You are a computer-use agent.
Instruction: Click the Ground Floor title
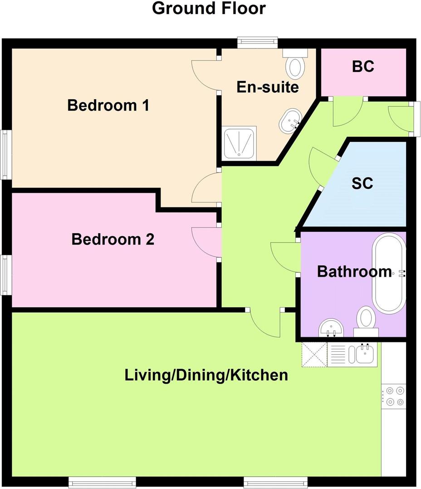pos(209,9)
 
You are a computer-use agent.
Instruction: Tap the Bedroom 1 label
pos(108,105)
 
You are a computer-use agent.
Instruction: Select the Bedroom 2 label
pos(113,239)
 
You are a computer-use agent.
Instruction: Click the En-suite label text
pos(268,86)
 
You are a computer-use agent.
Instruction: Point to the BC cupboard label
pos(363,66)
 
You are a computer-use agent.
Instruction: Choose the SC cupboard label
pos(362,183)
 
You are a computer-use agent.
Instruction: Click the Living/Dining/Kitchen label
pos(206,375)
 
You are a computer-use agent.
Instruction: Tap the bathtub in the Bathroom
pos(389,273)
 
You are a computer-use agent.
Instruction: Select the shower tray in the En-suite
pos(239,143)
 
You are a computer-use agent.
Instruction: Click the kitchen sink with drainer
pos(352,354)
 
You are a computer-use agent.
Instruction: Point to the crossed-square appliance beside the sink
pos(314,354)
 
